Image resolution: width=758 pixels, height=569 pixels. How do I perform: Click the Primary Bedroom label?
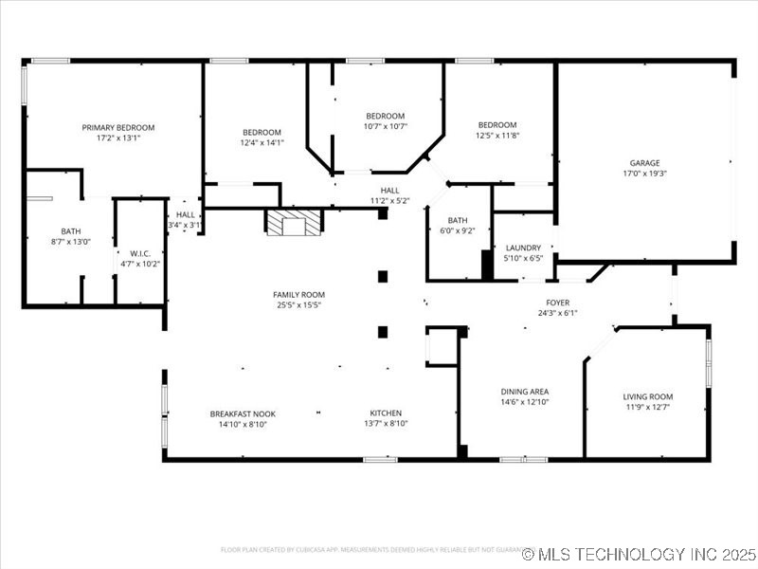117,127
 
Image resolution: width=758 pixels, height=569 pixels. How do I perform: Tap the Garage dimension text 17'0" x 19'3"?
644,174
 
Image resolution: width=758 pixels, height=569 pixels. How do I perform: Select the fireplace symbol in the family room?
294,223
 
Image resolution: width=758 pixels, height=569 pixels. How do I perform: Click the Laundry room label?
523,247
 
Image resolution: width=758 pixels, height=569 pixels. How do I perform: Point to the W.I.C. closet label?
140,253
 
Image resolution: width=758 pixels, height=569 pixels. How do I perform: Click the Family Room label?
298,295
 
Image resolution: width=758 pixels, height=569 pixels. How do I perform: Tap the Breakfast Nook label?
243,413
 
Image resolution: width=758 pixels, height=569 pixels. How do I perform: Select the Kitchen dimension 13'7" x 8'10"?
386,424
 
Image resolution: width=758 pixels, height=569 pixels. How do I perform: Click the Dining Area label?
524,392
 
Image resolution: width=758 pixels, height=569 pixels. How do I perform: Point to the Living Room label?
647,396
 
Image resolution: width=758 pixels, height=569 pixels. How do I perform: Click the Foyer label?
557,302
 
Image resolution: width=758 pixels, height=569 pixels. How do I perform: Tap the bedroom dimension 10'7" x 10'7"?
385,126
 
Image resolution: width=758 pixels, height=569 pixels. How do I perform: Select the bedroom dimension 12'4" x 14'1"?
262,142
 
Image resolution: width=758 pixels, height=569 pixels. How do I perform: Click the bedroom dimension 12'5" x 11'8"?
496,136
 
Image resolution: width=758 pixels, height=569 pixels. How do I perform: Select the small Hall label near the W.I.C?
185,215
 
